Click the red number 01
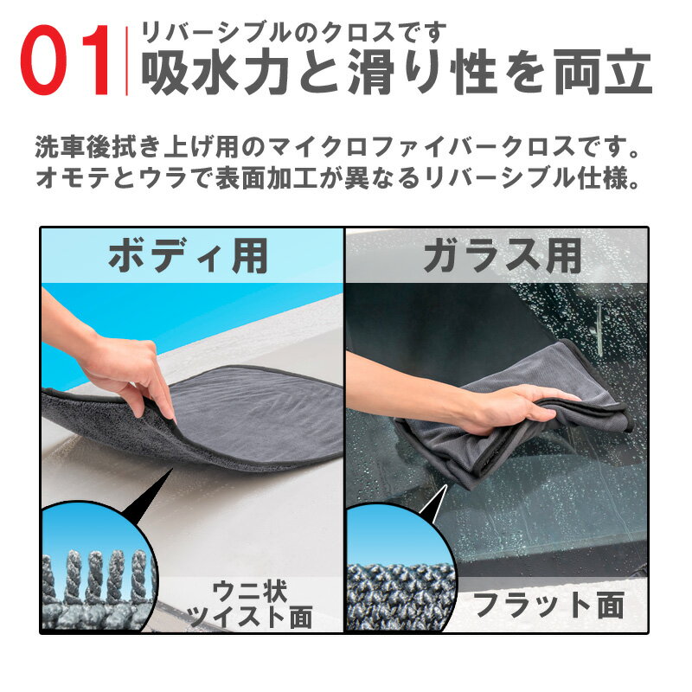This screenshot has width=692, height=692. [x=66, y=61]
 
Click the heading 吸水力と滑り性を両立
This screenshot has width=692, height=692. [x=396, y=72]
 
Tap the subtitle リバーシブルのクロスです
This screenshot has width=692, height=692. [x=293, y=33]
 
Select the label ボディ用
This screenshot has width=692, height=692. [x=189, y=256]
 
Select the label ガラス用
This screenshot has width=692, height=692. [x=503, y=256]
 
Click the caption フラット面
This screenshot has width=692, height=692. [x=548, y=605]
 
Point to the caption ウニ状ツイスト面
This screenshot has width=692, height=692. [x=250, y=604]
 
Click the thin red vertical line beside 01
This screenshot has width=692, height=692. [x=127, y=61]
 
